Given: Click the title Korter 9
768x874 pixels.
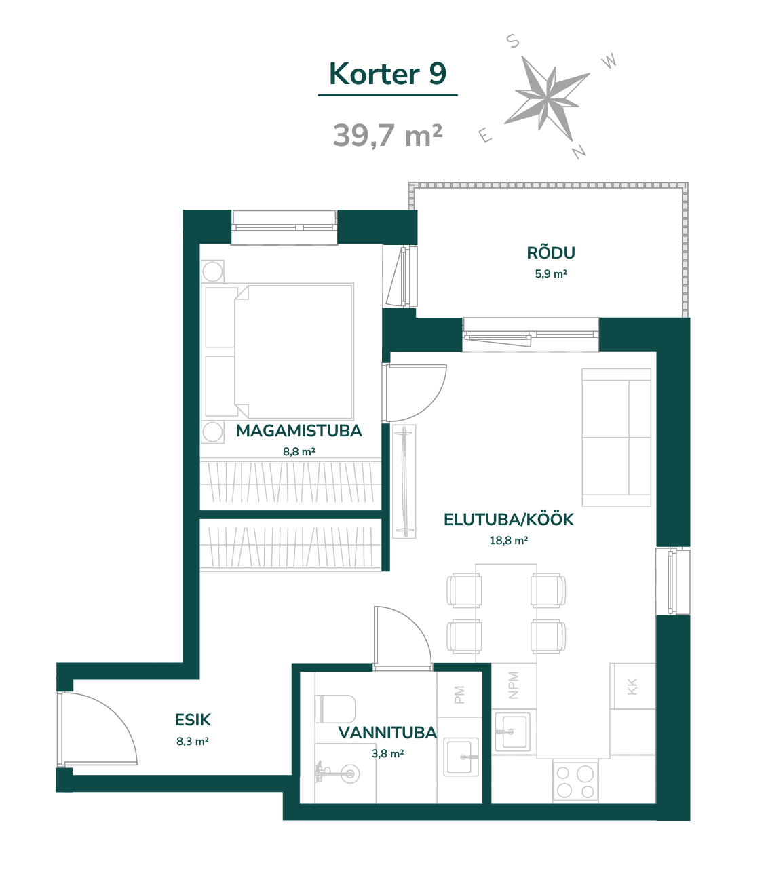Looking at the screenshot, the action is [387, 74].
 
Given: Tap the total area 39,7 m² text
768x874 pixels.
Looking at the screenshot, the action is [387, 136].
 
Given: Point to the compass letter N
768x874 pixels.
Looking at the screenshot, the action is [579, 151].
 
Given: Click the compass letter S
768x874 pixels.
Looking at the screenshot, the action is [513, 41].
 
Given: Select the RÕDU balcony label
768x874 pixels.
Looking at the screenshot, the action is [551, 253].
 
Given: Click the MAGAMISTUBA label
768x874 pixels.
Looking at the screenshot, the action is [299, 431].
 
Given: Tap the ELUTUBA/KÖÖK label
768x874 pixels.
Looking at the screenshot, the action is [509, 519].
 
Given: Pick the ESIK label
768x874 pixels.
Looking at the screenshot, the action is [193, 720].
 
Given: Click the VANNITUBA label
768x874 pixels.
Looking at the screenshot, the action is [387, 733].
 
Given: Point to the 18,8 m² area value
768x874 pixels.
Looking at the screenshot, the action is [509, 540].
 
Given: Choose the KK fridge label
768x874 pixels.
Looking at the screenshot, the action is [632, 687].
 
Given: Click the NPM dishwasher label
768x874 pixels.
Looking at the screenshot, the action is [513, 685].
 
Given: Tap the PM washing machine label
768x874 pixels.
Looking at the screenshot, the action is [459, 695].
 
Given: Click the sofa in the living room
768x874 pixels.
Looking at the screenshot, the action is [616, 437].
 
